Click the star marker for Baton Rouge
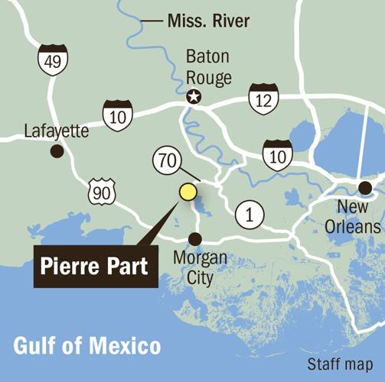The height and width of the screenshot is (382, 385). point(194,97)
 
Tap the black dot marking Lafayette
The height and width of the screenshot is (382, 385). point(56,152)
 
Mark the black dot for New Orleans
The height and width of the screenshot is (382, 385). point(365,188)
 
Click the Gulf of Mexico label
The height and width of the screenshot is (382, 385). point(88,345)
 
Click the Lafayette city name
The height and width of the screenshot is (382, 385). point(57,131)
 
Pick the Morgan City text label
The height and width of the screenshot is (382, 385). point(200,267)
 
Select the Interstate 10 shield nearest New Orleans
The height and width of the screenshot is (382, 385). point(277,154)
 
